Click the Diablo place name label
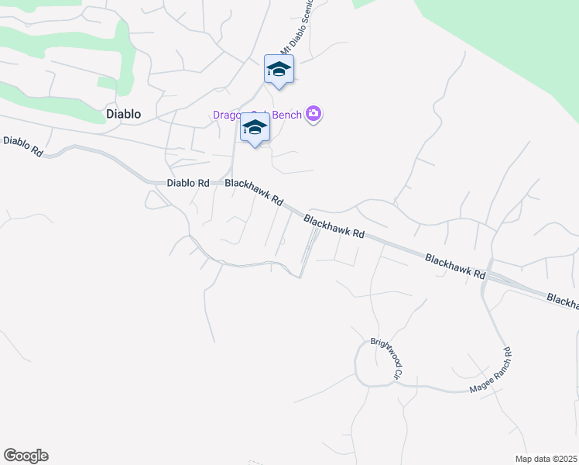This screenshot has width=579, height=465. pyautogui.click(x=123, y=114)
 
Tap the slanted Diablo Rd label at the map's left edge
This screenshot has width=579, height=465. pyautogui.click(x=22, y=145)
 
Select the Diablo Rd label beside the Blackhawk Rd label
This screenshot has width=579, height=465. pyautogui.click(x=188, y=184)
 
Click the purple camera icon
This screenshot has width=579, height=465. pyautogui.click(x=313, y=115)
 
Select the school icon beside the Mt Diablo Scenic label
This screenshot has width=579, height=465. pyautogui.click(x=279, y=71)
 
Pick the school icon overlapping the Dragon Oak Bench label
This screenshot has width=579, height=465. pyautogui.click(x=254, y=128)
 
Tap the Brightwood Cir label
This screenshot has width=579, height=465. pyautogui.click(x=387, y=357)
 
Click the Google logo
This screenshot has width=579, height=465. pyautogui.click(x=26, y=456)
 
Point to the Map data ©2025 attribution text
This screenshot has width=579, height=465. pyautogui.click(x=546, y=459)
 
